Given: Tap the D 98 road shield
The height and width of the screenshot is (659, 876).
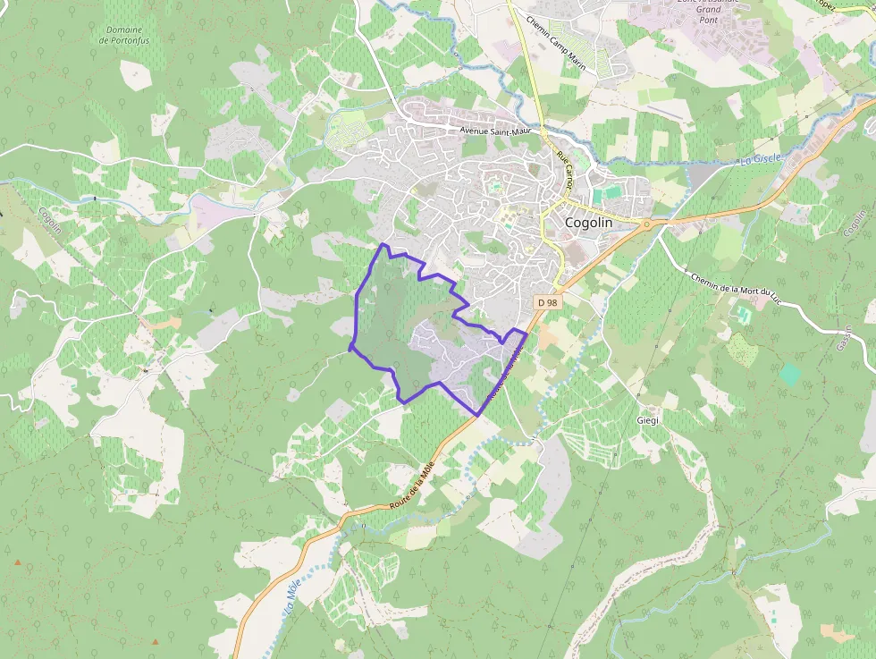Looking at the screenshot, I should pyautogui.click(x=548, y=302).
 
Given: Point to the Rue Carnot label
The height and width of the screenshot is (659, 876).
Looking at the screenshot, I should pyautogui.click(x=564, y=168).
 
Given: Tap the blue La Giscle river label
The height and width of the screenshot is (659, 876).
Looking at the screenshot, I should pyautogui.click(x=760, y=159).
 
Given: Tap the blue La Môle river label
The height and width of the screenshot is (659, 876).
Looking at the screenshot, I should pyautogui.click(x=292, y=597).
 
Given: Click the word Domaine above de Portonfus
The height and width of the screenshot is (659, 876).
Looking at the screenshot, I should pyautogui.click(x=124, y=29).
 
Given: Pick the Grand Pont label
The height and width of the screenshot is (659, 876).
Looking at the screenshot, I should pyautogui.click(x=709, y=13).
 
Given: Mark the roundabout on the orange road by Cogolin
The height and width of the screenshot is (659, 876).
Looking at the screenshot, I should pyautogui.click(x=645, y=224).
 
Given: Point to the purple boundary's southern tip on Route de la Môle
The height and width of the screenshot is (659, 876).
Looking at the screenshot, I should pyautogui.click(x=478, y=415).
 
